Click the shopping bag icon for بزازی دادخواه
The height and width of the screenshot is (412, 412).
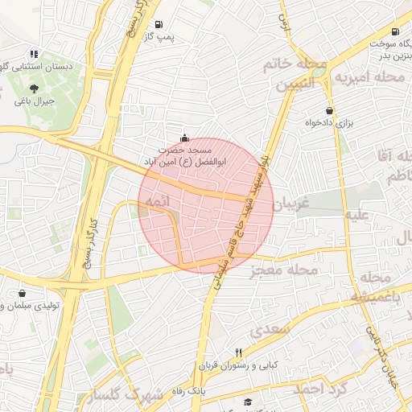coord(329,110)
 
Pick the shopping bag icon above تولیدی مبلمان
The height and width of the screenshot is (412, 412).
coord(20,293)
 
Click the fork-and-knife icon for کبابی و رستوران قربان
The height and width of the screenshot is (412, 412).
coord(239,352)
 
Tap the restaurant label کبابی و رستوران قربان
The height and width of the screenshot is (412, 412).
coord(239,365)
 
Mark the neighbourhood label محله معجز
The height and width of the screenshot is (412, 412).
coord(286,270)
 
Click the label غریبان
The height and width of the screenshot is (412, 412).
coord(292,204)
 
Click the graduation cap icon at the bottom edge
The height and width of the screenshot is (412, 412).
coord(248,402)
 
